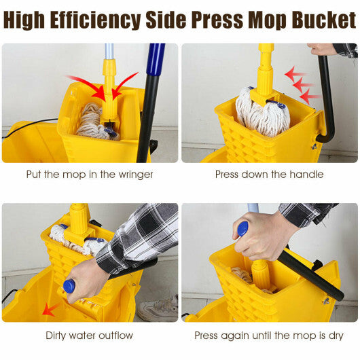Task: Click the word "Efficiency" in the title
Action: (x=96, y=20)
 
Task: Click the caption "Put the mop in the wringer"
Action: (x=90, y=175)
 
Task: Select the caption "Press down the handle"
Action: (x=269, y=175)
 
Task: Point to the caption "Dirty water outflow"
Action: (x=90, y=335)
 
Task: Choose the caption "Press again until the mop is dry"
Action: (x=269, y=335)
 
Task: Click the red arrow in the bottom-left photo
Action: (x=48, y=309)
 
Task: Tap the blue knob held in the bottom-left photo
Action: (x=69, y=286)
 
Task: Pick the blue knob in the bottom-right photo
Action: (x=242, y=228)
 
